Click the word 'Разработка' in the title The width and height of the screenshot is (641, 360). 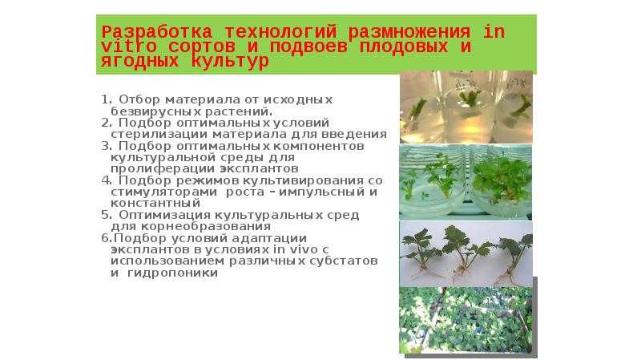(157, 32)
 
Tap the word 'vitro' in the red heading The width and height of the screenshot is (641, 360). (129, 47)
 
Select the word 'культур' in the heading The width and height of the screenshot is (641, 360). (230, 62)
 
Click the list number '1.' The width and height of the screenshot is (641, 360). (107, 99)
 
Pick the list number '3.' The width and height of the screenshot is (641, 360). (107, 146)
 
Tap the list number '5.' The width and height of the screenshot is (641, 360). (107, 215)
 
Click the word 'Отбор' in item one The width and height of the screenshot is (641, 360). (139, 99)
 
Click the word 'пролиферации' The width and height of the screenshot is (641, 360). (163, 169)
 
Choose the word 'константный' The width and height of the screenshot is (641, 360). (155, 204)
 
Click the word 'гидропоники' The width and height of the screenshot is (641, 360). (172, 273)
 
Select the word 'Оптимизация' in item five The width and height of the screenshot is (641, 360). (165, 215)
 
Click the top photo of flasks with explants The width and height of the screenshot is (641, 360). (466, 107)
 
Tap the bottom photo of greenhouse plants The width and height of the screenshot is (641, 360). (466, 320)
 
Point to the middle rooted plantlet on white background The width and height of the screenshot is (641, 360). (464, 253)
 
